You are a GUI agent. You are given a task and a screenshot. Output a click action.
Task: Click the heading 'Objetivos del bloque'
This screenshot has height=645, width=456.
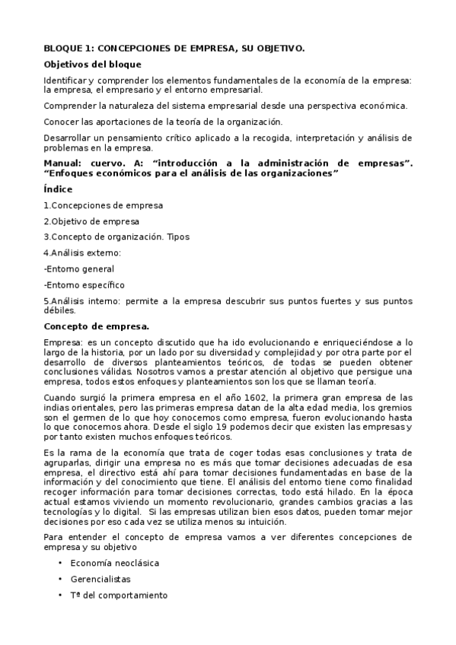coord(92,65)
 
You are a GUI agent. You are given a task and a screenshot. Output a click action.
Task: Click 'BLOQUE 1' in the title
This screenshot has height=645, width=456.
coord(69,48)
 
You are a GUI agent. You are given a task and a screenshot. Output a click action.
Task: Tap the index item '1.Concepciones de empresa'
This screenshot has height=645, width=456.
coord(103,205)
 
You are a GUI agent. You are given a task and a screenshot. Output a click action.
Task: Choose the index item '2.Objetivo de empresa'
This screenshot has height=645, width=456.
coord(91,221)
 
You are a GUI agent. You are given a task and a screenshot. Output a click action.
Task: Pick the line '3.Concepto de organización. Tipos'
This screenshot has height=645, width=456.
coord(116,237)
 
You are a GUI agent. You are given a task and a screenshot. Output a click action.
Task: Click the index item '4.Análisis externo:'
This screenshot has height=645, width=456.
coord(82,253)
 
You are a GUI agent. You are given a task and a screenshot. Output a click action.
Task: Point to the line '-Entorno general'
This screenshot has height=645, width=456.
coord(79,268)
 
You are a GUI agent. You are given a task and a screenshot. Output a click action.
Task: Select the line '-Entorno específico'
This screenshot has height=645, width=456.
coord(84,284)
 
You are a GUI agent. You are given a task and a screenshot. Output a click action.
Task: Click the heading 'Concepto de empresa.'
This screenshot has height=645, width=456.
coord(97,326)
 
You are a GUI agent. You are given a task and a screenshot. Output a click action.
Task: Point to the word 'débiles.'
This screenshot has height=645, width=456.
coord(60,310)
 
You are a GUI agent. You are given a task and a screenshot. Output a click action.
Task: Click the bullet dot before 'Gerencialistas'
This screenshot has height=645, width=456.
coord(60,579)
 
